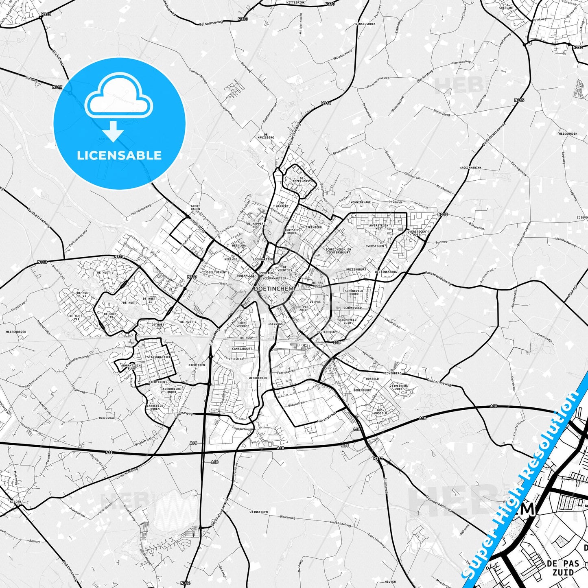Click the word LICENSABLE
coord(119,155)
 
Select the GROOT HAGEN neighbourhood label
coord(195,208)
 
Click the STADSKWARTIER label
coord(158,357)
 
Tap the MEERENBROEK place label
coord(16,332)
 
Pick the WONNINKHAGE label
coord(361,202)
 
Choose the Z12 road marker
coord(337,343)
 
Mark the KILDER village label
coord(15,502)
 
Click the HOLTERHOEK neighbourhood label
coord(326,332)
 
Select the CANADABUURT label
coord(242,349)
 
